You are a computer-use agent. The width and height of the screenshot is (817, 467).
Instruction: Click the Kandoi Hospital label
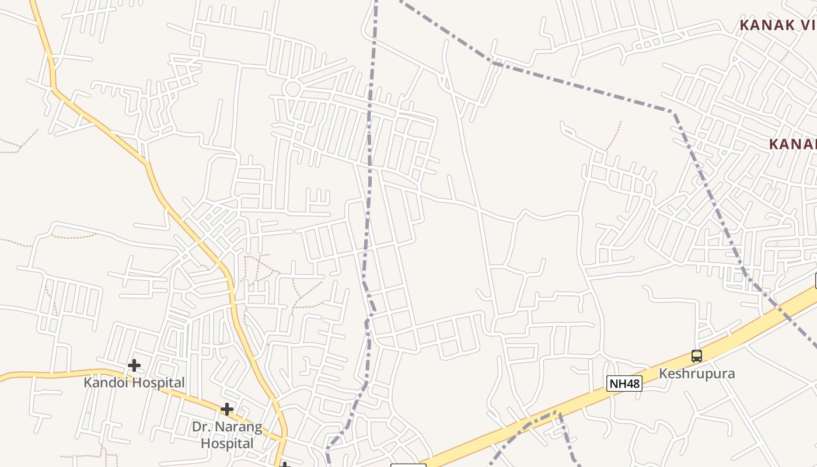134,383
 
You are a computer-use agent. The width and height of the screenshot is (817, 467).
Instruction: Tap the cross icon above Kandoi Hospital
134,366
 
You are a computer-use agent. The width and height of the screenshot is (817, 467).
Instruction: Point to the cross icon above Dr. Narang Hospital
227,410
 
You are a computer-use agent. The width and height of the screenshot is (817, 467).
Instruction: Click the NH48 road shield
624,384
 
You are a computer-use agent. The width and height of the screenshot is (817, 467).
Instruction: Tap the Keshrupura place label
696,374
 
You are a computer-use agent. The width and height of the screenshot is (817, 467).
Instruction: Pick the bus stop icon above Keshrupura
696,356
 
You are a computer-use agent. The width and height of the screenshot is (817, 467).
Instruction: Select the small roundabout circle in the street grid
292,89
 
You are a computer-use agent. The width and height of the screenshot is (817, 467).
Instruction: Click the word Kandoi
108,383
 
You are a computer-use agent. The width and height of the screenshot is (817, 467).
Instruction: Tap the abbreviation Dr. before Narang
201,427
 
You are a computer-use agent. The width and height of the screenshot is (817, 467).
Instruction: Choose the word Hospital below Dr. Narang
227,444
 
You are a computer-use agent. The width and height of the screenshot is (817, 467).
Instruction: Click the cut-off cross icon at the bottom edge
285,465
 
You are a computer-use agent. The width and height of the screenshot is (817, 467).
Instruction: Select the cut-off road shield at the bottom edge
408,465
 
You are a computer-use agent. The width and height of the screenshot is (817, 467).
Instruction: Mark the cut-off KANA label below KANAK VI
792,144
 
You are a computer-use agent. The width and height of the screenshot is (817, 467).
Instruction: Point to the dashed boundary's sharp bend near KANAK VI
673,111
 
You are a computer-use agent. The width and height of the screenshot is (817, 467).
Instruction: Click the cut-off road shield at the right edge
815,280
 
